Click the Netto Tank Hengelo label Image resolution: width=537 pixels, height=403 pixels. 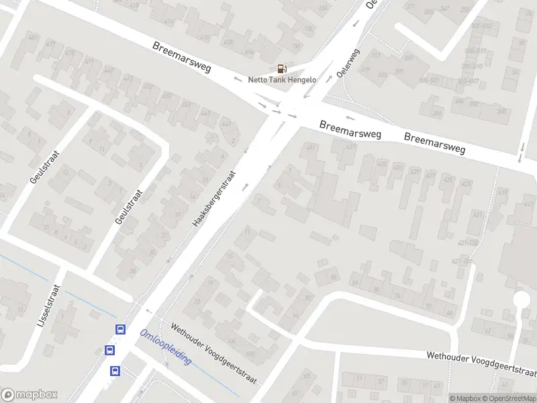(x=282, y=79)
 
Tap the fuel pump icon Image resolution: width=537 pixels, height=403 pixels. (x=282, y=69)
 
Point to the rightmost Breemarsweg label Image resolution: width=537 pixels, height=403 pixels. (x=435, y=142)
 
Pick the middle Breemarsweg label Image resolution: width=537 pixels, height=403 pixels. (x=350, y=130)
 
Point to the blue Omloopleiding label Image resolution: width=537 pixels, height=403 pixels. (x=166, y=347)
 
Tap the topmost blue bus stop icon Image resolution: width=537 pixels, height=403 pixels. (x=120, y=329)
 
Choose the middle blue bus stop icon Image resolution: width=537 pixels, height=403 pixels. (x=109, y=350)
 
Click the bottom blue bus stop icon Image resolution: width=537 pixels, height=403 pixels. (x=115, y=370)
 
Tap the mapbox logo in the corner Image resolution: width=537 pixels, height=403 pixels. (x=30, y=395)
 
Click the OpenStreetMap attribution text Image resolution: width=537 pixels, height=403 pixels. (x=507, y=398)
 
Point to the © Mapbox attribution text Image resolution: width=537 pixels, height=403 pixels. (x=464, y=398)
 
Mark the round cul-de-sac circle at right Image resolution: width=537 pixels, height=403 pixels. (x=521, y=300)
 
